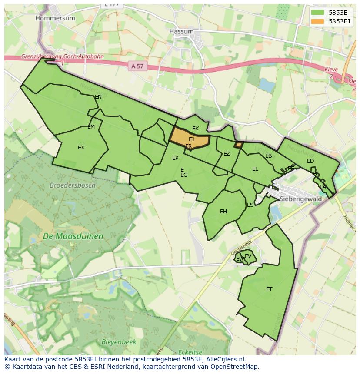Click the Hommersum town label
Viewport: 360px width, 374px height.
pos(55,18)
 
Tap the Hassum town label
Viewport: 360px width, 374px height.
pos(181,32)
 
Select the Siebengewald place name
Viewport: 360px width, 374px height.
pos(300,199)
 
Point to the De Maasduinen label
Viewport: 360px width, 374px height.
pos(73,237)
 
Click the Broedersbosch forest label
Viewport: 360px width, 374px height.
pos(72,185)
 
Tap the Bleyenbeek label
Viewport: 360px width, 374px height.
pos(119,342)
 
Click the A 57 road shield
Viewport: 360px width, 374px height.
pos(137,66)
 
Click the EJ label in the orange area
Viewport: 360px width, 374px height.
pos(191,139)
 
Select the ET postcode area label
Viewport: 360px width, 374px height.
pos(269,289)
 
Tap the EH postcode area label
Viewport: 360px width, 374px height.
pos(223,212)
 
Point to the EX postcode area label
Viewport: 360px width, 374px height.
pos(81,148)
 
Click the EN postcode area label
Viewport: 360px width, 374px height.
pos(98,97)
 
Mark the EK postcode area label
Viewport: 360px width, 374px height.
pos(195,129)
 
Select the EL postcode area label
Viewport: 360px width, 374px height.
pos(255,169)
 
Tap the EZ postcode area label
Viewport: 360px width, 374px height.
pos(227,154)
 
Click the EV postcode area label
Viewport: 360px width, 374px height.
pos(248,256)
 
